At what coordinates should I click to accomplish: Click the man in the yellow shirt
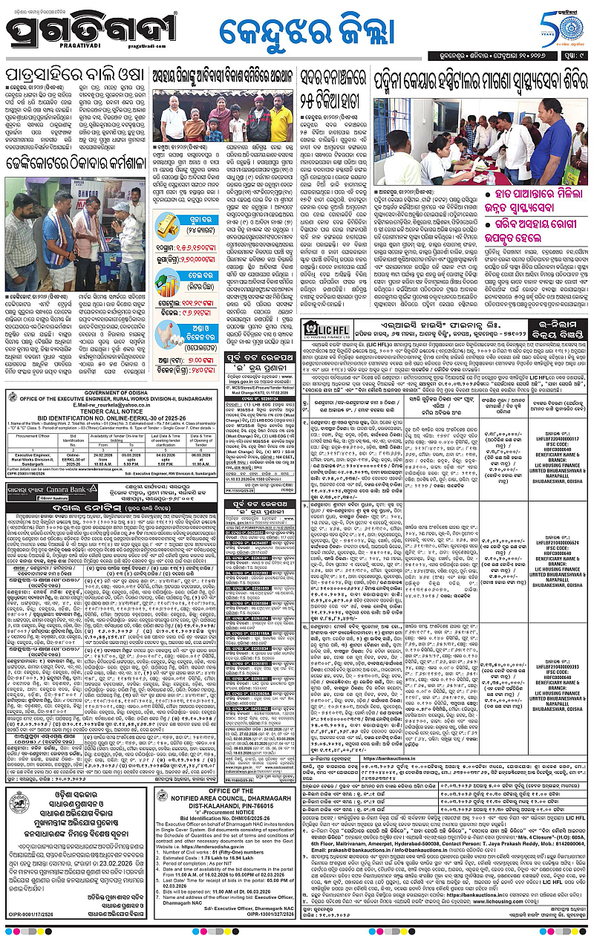coord(281,119)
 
